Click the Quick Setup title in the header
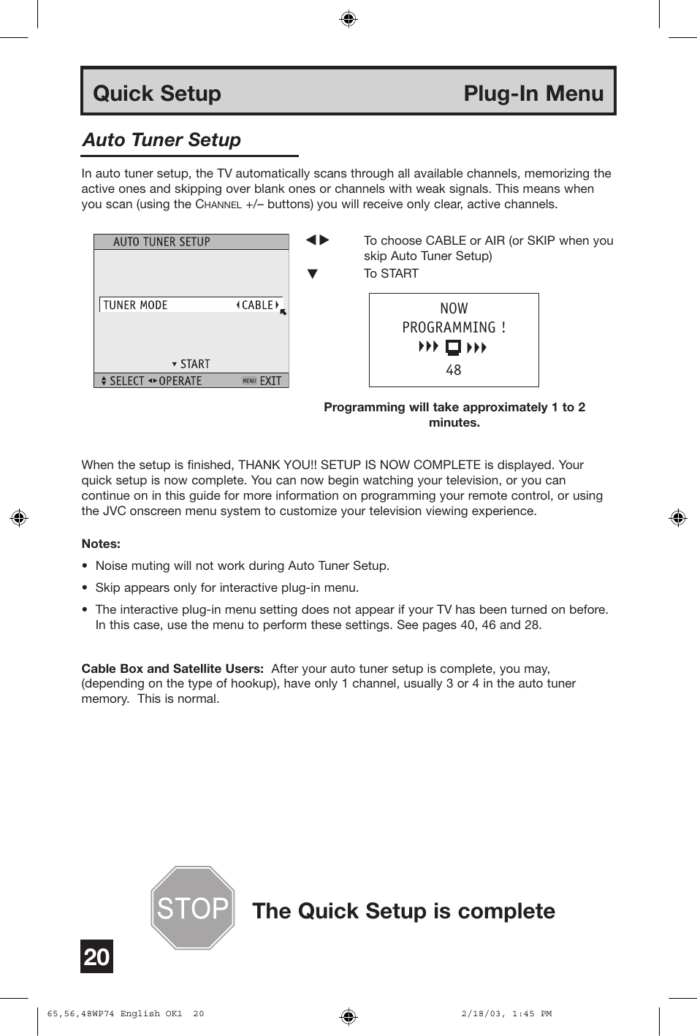[157, 94]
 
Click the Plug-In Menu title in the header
[533, 94]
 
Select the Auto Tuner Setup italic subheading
[161, 140]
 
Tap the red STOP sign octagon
[192, 908]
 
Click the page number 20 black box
[96, 956]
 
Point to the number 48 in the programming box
[454, 370]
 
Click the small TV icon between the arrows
[453, 347]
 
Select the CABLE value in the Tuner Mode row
[257, 305]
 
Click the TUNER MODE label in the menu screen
[136, 305]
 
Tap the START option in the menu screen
[194, 364]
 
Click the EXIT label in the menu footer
[270, 381]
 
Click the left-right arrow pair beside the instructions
[317, 240]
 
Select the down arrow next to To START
[313, 274]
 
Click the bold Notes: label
[101, 544]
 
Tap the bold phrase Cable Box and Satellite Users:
[172, 669]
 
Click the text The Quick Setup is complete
[403, 911]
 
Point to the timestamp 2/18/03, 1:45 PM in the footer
[506, 1014]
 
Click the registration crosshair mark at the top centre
[348, 18]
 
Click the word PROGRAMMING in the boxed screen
[449, 327]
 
